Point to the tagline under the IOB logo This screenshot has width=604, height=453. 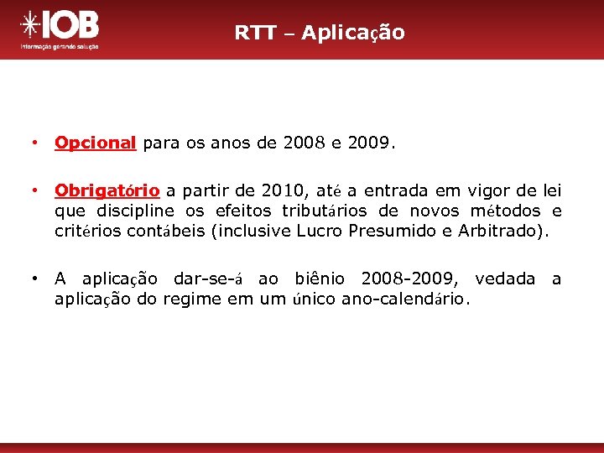coord(60,47)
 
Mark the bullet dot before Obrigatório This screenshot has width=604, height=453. coord(33,191)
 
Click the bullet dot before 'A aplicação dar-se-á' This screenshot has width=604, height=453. coord(33,279)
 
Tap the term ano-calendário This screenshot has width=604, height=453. coord(406,299)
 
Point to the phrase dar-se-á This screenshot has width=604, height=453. coord(208,279)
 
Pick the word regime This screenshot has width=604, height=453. coord(192,299)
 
